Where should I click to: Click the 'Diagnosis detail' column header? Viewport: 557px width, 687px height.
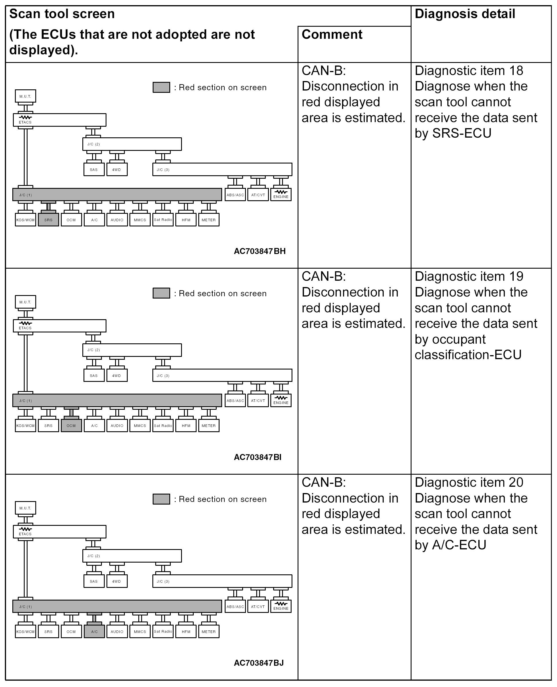coord(465,14)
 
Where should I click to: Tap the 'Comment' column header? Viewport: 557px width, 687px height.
coord(332,34)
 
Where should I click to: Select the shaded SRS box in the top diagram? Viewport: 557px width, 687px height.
coord(48,220)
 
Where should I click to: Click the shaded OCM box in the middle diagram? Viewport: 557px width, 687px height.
coord(71,426)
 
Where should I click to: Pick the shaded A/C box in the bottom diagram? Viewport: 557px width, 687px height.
coord(94,632)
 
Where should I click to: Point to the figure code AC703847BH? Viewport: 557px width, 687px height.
coord(260,251)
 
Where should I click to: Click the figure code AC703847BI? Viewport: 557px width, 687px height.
coord(257,457)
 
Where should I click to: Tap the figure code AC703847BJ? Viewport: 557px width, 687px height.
coord(259,663)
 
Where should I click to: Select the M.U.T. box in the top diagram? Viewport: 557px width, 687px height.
coord(25,96)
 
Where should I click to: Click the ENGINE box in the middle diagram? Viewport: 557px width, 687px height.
coord(281,401)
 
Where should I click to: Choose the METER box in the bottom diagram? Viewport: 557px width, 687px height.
coord(209,632)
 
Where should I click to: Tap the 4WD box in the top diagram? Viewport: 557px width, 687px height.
coord(117,170)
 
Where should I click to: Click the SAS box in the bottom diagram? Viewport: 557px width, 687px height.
coord(94,581)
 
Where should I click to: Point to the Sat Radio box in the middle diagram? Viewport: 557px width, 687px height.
coord(163,426)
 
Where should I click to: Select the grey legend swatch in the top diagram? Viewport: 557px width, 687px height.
coord(161,87)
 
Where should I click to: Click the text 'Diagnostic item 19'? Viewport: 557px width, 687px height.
coord(469,276)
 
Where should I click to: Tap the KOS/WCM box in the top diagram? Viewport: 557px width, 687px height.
coord(25,220)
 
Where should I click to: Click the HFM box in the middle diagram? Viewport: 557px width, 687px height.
coord(186,426)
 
